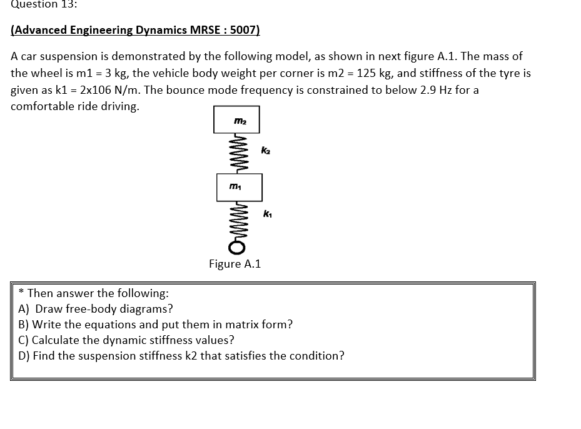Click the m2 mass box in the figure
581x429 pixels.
(x=236, y=120)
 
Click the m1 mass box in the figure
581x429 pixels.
(x=239, y=188)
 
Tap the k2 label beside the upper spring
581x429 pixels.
(x=266, y=151)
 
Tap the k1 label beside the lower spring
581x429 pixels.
(x=267, y=214)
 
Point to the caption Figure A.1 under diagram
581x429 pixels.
(x=235, y=264)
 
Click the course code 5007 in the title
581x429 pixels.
(x=245, y=30)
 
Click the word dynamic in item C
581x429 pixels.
(x=124, y=340)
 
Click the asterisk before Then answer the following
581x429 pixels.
(x=22, y=292)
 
